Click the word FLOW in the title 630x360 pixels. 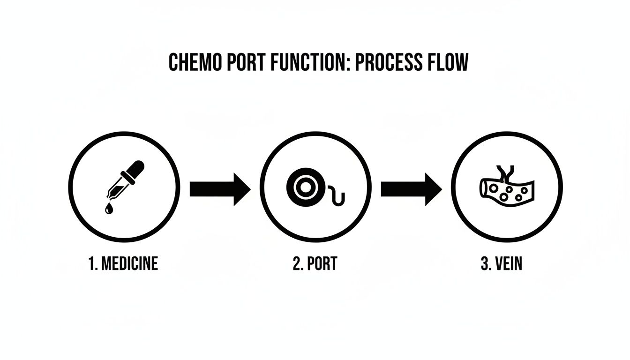click(447, 62)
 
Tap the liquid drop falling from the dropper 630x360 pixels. click(109, 209)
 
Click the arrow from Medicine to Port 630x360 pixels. click(220, 189)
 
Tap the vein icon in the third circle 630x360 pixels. click(507, 189)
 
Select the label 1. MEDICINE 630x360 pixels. click(123, 264)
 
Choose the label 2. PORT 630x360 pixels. click(315, 264)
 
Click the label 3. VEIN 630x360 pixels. click(501, 264)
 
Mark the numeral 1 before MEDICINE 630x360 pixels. click(91, 264)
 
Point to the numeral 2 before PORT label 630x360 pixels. click(297, 264)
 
